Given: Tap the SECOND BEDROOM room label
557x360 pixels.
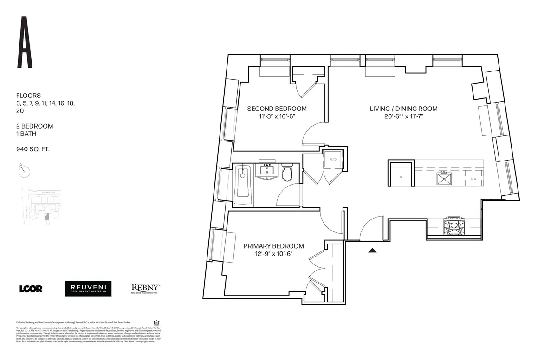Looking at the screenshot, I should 277,109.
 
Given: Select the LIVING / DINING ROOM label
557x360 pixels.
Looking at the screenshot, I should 403,109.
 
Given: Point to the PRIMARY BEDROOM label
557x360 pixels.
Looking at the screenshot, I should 273,246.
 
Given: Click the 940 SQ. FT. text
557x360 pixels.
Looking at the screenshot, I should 33,149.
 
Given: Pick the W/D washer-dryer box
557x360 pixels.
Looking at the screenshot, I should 333,160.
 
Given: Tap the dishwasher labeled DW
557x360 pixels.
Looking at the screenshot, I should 474,178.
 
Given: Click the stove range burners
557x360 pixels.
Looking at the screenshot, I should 453,226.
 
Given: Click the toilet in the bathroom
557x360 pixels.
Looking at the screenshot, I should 287,173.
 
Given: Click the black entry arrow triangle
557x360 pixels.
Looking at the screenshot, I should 372,251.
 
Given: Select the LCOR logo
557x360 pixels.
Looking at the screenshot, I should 31,289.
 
